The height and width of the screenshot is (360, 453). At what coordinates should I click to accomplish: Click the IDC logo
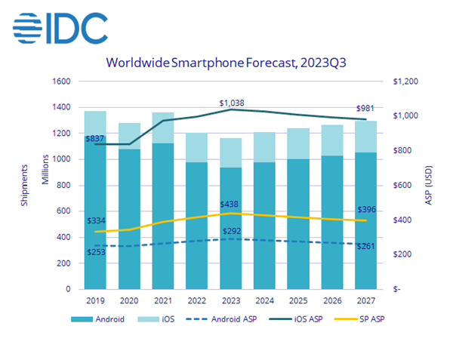coord(60,29)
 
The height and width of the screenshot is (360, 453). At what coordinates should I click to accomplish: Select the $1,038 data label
coord(232,103)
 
